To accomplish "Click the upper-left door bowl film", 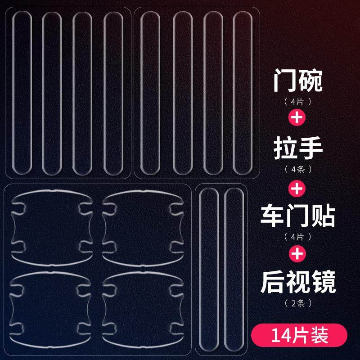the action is (x=51, y=227).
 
